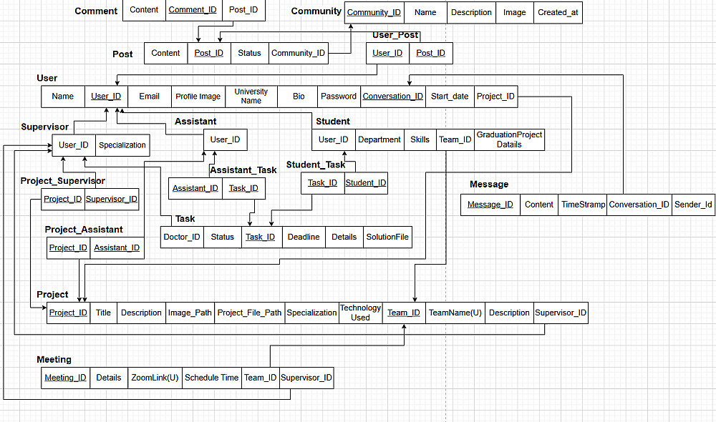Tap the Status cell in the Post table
click(249, 53)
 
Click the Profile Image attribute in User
click(198, 97)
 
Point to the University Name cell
click(251, 97)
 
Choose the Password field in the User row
click(338, 97)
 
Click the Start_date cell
click(450, 97)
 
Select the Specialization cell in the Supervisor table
click(122, 145)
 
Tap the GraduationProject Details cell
click(509, 139)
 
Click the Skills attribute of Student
click(420, 140)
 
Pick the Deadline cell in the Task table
click(304, 237)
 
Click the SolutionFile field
click(387, 237)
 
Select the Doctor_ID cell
click(182, 237)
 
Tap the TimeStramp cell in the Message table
click(583, 205)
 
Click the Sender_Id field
click(693, 205)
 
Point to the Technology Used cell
click(360, 313)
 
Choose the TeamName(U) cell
click(455, 313)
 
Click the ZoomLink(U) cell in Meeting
click(155, 378)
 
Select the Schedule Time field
click(211, 378)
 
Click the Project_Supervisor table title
click(63, 181)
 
